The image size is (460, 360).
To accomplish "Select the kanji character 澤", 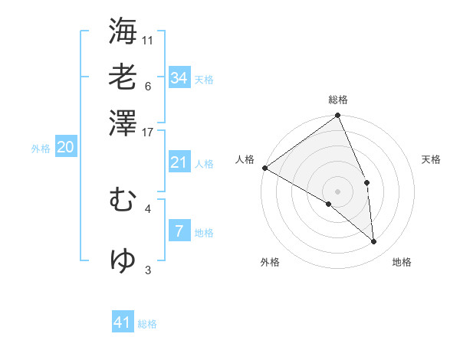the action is (x=123, y=123).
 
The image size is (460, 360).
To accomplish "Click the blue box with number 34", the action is (x=179, y=77).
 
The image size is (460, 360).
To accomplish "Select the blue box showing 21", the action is (x=179, y=162).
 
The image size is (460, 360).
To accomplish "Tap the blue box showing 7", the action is (x=179, y=231).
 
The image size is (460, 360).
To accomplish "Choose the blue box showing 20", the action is (x=65, y=148).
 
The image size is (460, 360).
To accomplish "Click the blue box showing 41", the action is (x=123, y=322).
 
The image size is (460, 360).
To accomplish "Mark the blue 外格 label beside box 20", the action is (x=41, y=149).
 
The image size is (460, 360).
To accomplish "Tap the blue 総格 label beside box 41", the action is (x=147, y=324).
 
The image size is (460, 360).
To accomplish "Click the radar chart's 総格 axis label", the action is (x=338, y=100).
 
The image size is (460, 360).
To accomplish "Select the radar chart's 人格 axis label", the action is (x=245, y=159).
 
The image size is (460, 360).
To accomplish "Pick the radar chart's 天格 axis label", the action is (x=431, y=159).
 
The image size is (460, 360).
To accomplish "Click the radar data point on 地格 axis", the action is (x=374, y=241).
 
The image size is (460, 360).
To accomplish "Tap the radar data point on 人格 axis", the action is (x=264, y=168).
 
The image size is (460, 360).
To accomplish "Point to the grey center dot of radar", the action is (x=338, y=191).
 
